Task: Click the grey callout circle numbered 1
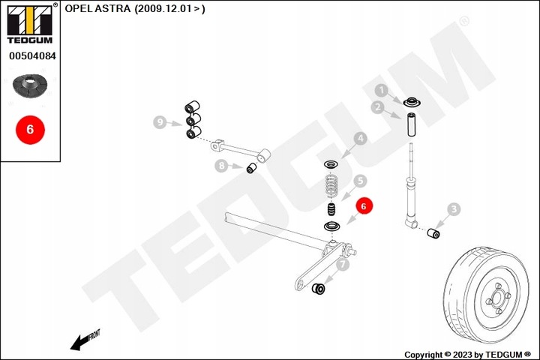(x=381, y=91)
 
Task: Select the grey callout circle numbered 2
(x=379, y=107)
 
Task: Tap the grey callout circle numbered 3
(x=454, y=209)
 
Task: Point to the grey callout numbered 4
(x=360, y=139)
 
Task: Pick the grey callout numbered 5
(x=360, y=181)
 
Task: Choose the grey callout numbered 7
(x=342, y=264)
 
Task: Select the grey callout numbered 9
(x=159, y=121)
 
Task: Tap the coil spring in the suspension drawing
(x=331, y=185)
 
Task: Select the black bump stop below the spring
(x=331, y=210)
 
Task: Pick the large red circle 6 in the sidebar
(x=30, y=129)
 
